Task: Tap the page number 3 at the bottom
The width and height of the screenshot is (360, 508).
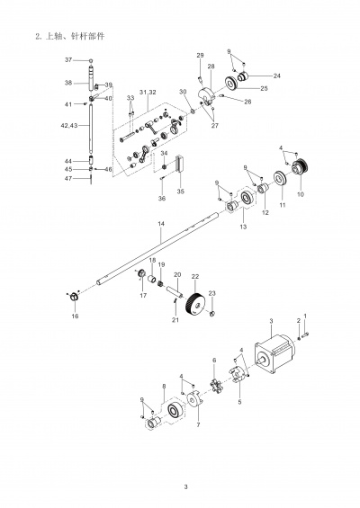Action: click(185, 487)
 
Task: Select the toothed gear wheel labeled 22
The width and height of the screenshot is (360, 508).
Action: click(192, 307)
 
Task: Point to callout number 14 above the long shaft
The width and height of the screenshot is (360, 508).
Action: click(160, 222)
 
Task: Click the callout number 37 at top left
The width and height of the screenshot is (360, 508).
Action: click(68, 59)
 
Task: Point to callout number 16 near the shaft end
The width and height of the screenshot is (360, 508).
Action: click(75, 316)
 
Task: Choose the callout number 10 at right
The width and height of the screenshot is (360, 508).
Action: click(301, 192)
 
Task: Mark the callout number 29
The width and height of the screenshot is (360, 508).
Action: click(200, 56)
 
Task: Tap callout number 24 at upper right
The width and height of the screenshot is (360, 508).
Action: click(276, 76)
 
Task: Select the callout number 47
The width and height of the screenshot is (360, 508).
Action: click(68, 178)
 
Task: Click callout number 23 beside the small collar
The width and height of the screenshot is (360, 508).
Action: click(212, 294)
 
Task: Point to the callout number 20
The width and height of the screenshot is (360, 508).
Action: click(177, 274)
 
